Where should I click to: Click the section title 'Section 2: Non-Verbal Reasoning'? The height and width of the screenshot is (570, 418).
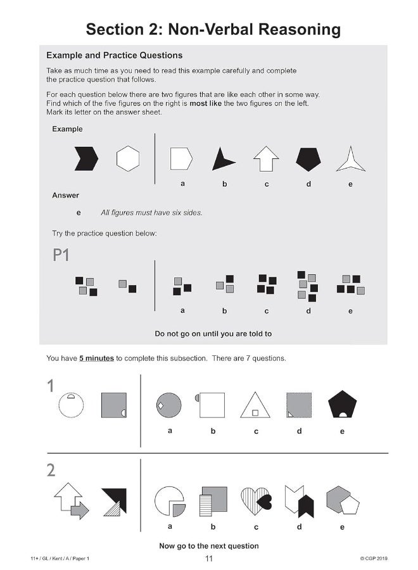213,29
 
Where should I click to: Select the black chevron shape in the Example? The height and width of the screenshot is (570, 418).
86,158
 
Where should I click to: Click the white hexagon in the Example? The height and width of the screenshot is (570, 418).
127,158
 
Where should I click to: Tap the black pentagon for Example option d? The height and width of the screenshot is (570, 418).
308,159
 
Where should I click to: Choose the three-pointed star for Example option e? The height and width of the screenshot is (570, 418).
350,159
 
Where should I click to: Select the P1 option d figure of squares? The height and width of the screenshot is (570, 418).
307,286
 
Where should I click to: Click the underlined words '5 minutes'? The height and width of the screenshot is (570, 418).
96,358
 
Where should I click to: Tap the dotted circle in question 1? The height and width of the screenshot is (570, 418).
71,405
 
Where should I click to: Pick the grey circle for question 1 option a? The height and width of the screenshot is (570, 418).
169,405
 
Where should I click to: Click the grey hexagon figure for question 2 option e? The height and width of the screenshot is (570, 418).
342,500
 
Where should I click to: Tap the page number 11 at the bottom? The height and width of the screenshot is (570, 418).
209,558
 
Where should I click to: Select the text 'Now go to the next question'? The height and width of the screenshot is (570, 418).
209,545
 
